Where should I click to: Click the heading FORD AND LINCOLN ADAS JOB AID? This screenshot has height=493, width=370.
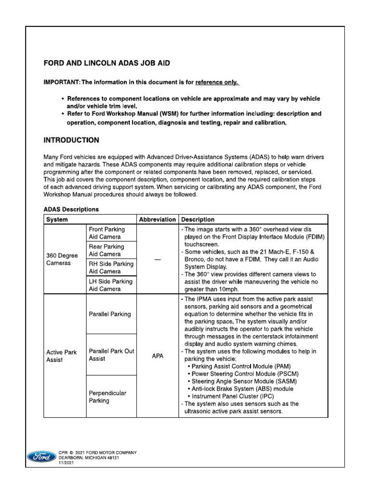click(106, 63)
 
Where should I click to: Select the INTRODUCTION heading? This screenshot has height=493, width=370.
click(71, 141)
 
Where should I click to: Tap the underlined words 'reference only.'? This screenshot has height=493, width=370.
click(216, 82)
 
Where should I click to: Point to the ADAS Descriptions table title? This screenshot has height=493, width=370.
click(71, 209)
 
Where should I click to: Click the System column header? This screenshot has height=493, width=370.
click(57, 220)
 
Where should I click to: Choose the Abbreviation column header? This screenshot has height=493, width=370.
click(157, 220)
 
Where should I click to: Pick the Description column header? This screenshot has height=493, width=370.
click(198, 220)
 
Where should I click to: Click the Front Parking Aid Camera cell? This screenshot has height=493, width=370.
click(106, 233)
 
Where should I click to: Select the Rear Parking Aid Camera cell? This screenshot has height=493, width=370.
click(106, 250)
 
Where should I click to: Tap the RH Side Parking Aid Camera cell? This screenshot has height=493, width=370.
click(111, 268)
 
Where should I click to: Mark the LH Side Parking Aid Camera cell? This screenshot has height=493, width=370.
click(110, 285)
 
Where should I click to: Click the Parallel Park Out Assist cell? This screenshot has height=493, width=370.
click(111, 355)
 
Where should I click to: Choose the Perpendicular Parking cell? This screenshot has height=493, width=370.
click(107, 397)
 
